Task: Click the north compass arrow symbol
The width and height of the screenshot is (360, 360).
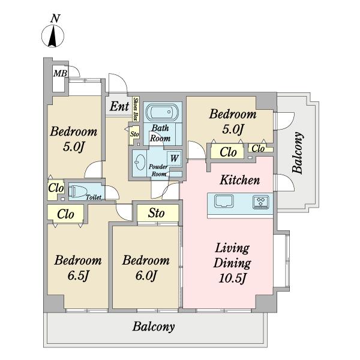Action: coord(53,36)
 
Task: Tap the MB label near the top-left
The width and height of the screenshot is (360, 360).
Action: coord(60,73)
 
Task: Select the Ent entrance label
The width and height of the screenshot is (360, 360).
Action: coord(119,106)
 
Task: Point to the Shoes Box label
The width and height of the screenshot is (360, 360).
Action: coord(136,109)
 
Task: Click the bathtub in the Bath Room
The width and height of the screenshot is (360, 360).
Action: coord(163,112)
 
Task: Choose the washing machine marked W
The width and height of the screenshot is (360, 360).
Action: coord(174,158)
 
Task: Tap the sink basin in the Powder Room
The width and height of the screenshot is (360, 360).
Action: coord(140,161)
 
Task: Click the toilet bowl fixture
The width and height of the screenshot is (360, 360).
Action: coord(78,191)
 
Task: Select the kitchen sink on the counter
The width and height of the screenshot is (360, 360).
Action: coord(224,201)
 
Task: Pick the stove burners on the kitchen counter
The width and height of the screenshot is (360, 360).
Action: coord(261,202)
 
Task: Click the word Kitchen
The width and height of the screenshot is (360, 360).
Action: coord(240,180)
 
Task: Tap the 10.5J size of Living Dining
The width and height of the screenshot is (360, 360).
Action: coord(232,278)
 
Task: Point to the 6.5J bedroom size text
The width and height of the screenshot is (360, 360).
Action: coord(78,276)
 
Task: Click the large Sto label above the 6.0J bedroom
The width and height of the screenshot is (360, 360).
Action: coord(157,213)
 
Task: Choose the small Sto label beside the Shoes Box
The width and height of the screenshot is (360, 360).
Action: coord(134,134)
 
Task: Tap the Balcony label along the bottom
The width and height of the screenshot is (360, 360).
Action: coord(154,327)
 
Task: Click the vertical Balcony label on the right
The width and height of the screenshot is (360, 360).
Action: coord(298,152)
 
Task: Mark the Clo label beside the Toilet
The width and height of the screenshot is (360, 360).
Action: coord(56,188)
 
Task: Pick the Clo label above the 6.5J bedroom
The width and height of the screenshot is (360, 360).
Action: coord(65,214)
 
